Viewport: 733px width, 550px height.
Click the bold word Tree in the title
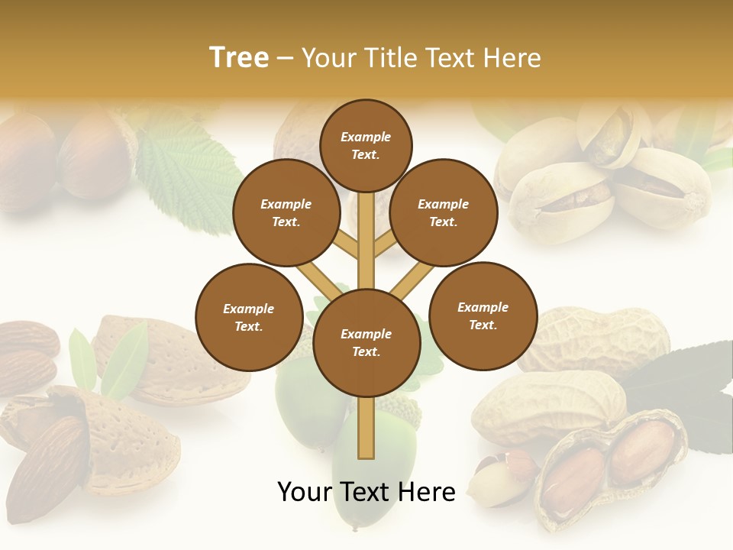pos(239,57)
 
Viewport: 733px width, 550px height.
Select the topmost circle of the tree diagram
pos(366,145)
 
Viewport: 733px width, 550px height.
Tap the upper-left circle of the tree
pos(286,213)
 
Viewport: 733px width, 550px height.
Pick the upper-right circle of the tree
pos(444,213)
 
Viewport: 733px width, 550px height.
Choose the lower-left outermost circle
pos(249,318)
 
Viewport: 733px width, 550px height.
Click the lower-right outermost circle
pos(483,315)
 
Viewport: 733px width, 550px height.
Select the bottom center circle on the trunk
pos(366,343)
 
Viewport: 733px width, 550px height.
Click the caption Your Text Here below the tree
pos(366,492)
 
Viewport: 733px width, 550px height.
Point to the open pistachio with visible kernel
pos(561,195)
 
